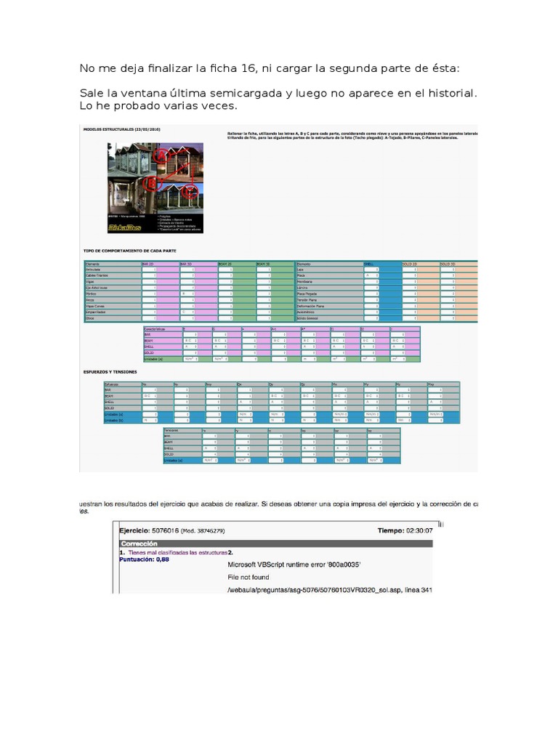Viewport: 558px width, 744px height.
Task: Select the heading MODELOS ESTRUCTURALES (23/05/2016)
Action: click(121, 129)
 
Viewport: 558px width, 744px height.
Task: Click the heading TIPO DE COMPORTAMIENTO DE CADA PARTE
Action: click(130, 251)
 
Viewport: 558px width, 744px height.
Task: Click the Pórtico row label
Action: click(92, 294)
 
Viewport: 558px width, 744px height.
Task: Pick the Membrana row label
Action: click(306, 281)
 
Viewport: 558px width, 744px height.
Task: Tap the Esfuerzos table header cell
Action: click(113, 383)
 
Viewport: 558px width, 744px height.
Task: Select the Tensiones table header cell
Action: click(174, 430)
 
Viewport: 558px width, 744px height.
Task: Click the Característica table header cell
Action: click(155, 328)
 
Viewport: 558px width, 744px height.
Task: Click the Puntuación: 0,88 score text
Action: click(145, 559)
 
